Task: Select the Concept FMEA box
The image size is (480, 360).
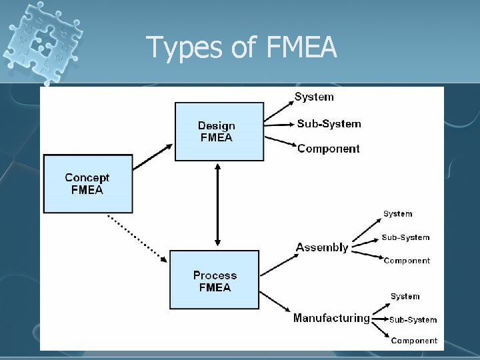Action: point(87,183)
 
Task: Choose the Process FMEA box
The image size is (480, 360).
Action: point(215,281)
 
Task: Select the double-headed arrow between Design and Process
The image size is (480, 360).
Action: point(217,205)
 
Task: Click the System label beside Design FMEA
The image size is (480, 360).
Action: point(314,97)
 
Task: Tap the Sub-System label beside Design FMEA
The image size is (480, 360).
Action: point(329,123)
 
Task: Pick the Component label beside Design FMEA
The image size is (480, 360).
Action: point(329,148)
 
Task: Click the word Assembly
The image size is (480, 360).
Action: point(322,247)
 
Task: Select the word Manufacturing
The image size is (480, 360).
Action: point(331,318)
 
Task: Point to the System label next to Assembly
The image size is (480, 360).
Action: point(397,214)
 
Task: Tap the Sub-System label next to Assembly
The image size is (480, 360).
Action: point(405,237)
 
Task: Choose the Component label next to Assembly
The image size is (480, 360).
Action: point(407,261)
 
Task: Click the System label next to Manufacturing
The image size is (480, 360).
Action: point(405,296)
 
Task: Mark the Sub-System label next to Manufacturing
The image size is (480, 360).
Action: point(413,319)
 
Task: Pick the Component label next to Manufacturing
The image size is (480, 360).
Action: point(414,341)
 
